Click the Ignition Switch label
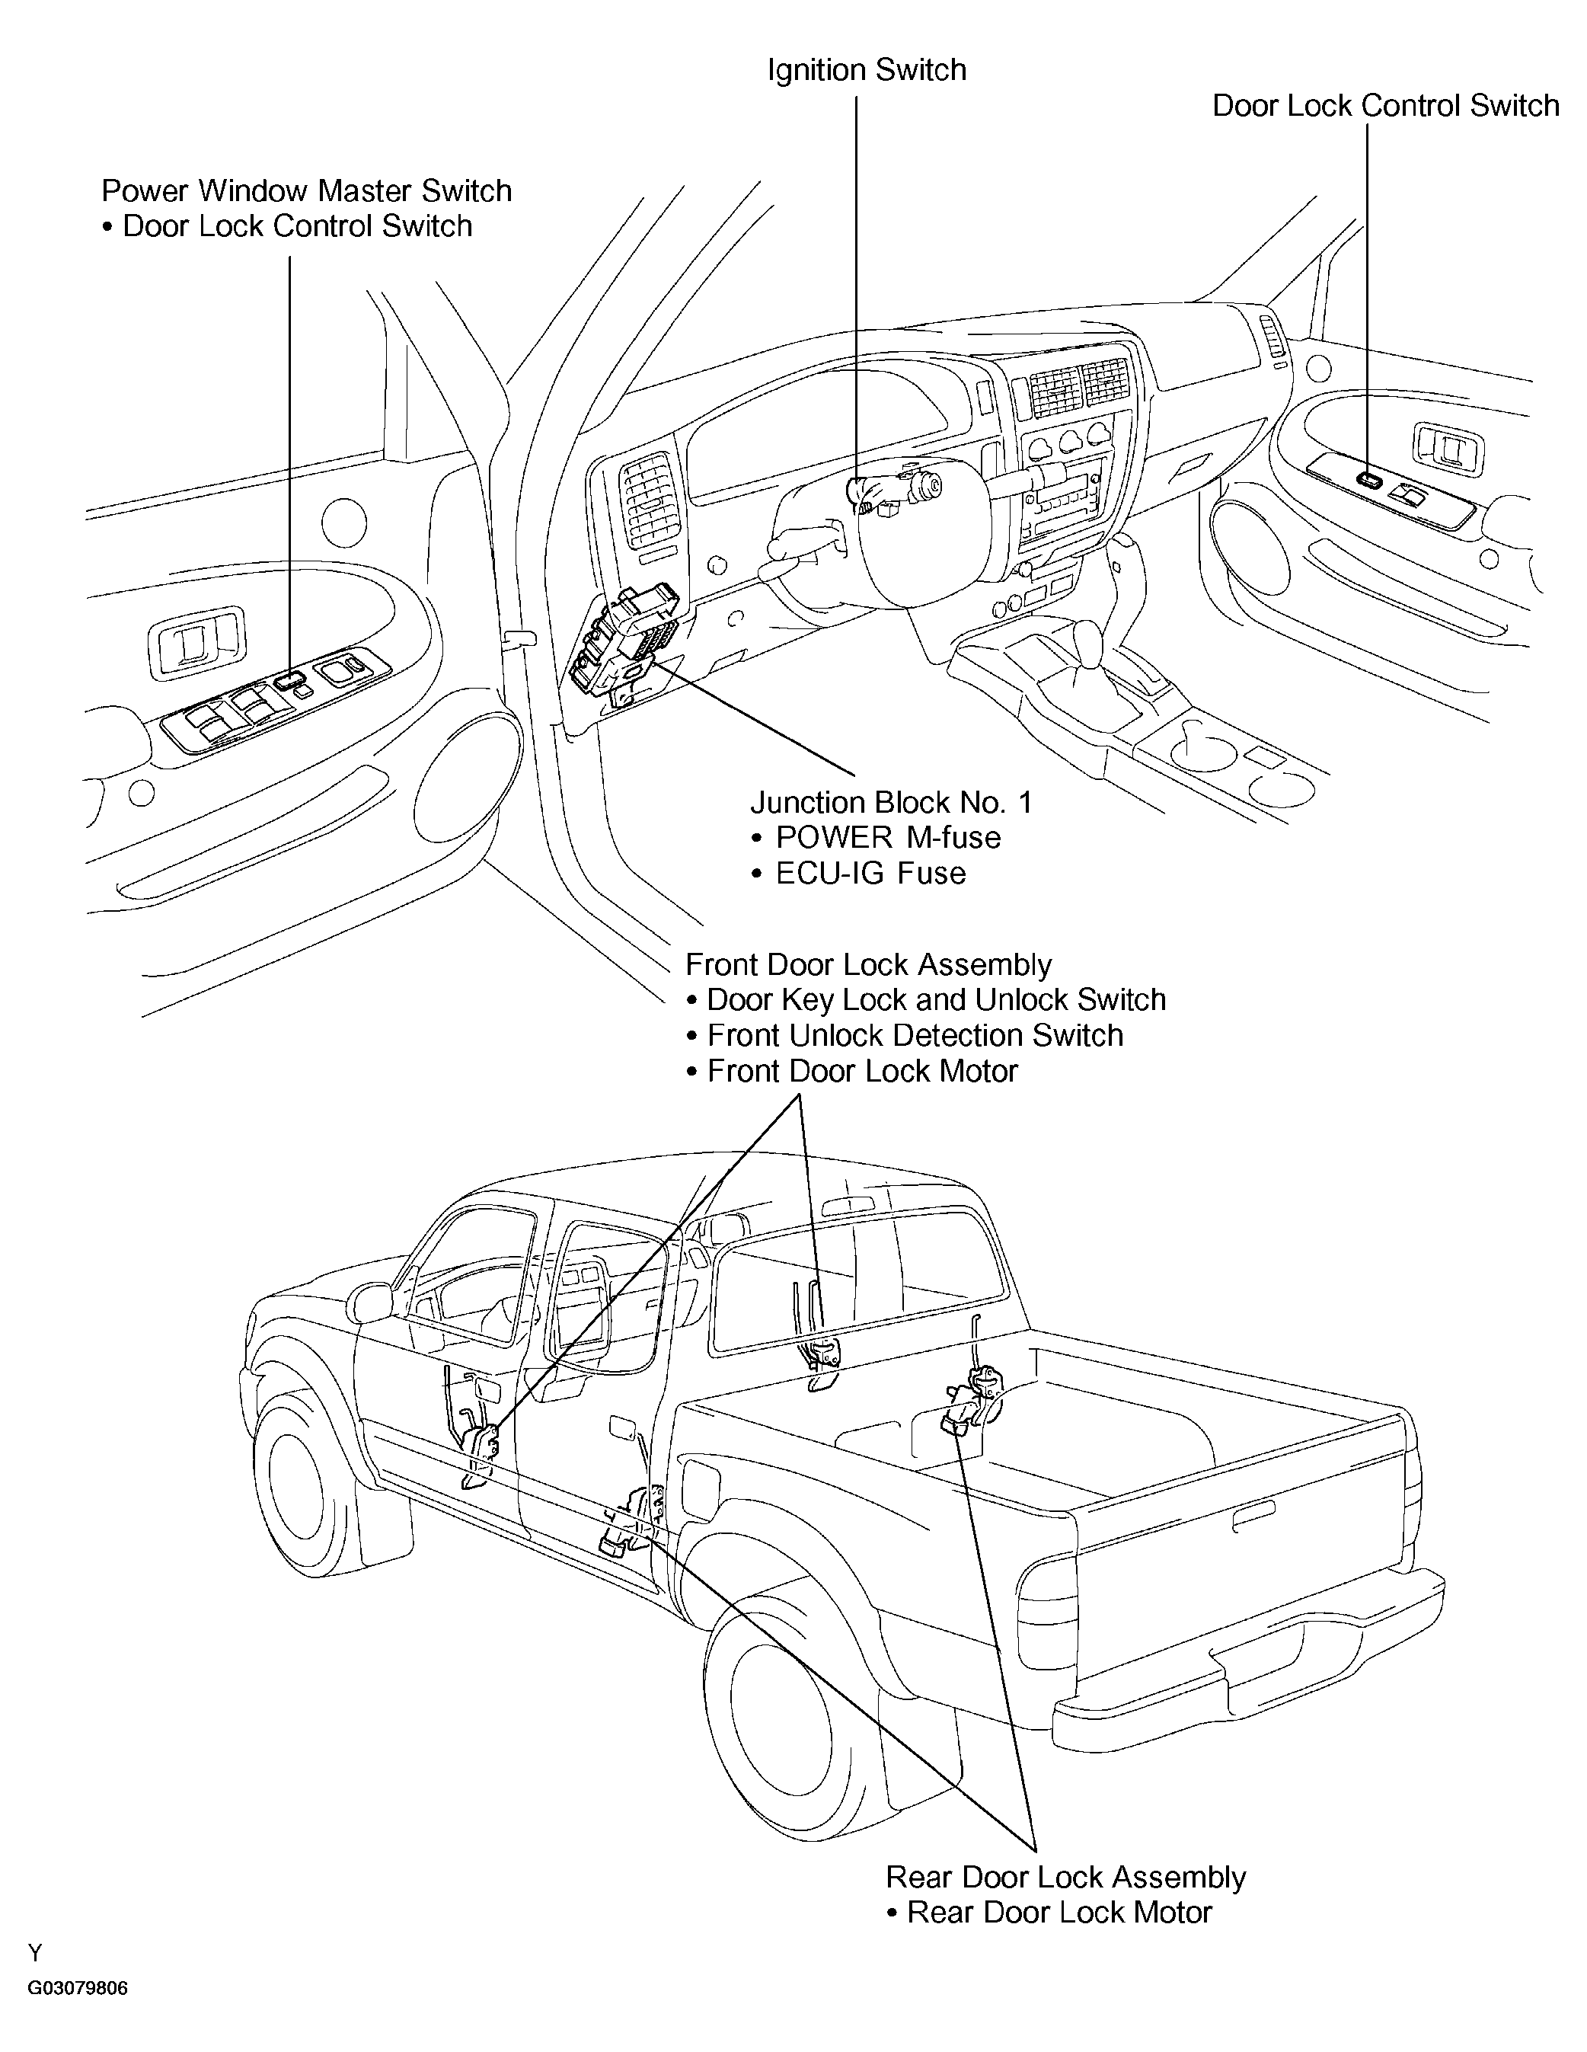coord(867,71)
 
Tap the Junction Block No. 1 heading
coord(891,802)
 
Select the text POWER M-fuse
coord(888,837)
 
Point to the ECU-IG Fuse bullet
coord(870,873)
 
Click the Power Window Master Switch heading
coord(306,190)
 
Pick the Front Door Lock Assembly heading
coord(868,965)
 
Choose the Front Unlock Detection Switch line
coord(915,1035)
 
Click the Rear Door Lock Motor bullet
coord(1059,1913)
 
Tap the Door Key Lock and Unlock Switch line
coord(936,999)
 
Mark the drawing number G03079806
coord(77,1988)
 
